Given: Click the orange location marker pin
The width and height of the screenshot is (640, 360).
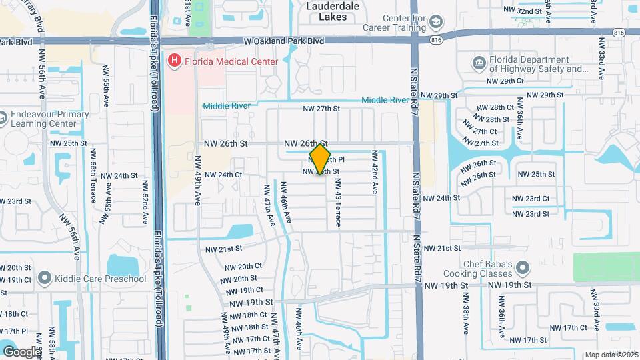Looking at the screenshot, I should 320,159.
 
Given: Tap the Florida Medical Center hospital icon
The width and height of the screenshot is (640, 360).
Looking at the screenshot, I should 175,61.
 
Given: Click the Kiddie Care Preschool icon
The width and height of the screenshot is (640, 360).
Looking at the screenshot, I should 45,277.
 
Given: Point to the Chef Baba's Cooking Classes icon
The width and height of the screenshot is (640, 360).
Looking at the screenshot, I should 523,268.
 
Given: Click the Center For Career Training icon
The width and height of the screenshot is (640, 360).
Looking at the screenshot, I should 436,22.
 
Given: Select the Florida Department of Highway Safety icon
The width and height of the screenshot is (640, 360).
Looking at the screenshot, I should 479,63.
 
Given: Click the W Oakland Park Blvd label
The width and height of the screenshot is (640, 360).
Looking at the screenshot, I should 284,41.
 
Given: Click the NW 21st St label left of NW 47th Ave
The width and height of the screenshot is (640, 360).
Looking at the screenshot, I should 223,249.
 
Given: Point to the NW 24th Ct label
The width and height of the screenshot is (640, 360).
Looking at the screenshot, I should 223,175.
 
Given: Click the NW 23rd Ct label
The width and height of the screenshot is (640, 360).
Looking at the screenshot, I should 531,199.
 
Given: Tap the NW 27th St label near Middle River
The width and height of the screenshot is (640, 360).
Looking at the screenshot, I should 321,109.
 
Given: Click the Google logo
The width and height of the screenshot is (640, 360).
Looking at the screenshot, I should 22,351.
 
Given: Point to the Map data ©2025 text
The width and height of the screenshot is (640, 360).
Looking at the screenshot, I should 611,355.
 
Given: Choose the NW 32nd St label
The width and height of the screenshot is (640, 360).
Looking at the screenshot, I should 522,11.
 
